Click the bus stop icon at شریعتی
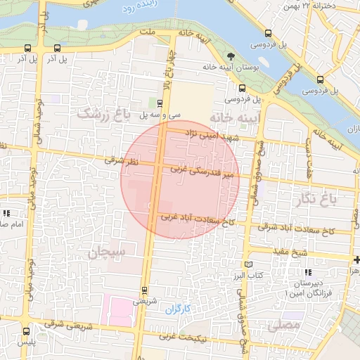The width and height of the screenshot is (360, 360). coord(144,290)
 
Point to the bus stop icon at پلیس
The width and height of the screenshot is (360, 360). coord(26,331)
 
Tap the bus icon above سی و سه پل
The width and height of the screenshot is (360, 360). coord(160,102)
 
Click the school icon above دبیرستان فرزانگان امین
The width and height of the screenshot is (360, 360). coord(307,272)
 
